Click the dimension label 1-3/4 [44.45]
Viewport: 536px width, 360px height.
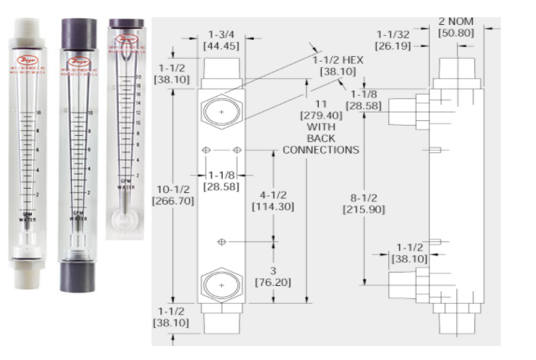click(x=222, y=40)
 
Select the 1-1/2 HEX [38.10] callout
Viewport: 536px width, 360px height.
click(x=338, y=65)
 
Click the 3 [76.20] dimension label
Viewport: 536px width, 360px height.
click(x=273, y=276)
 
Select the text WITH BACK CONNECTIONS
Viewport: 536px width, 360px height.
click(x=320, y=138)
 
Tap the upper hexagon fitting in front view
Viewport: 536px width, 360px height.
click(x=222, y=112)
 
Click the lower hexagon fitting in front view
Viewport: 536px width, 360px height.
click(x=222, y=286)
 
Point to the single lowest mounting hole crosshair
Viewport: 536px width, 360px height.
click(x=222, y=242)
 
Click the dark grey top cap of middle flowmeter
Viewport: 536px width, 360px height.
click(x=78, y=35)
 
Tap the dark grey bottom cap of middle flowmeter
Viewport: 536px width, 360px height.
click(x=77, y=273)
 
